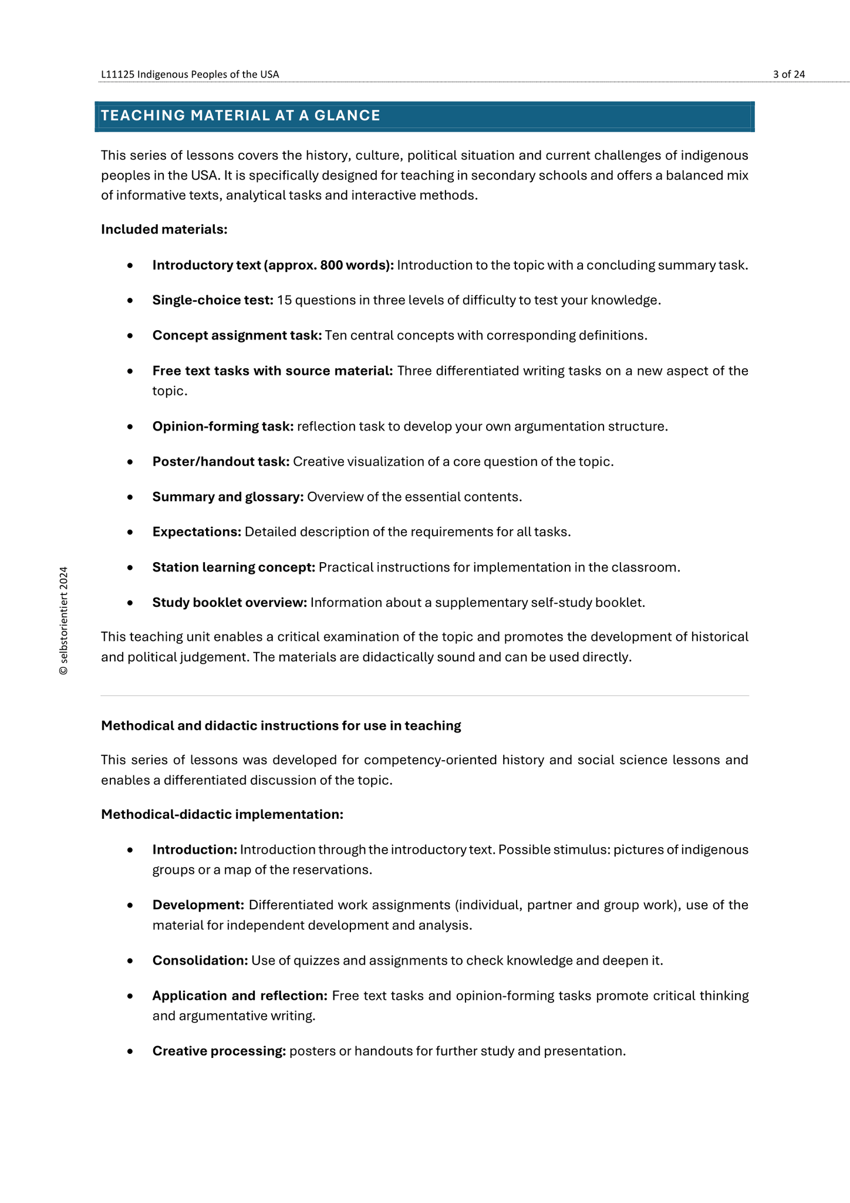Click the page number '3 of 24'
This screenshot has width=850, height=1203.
coord(788,74)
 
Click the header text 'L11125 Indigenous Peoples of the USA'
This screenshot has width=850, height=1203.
coord(190,74)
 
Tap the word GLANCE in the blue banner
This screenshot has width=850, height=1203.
coord(348,116)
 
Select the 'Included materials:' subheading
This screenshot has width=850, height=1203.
coord(164,229)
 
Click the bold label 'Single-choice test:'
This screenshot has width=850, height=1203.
coord(212,300)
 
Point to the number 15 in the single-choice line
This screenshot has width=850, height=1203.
coord(284,300)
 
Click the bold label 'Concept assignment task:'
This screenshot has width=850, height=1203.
coord(237,335)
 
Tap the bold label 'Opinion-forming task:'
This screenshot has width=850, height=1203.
coord(222,426)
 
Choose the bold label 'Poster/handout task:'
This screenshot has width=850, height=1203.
coord(221,462)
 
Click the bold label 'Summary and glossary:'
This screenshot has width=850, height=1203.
coord(228,497)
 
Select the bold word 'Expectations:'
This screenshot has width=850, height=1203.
coord(197,532)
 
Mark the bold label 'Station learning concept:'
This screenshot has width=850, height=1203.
coord(234,567)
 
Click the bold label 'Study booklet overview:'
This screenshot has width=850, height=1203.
coord(230,603)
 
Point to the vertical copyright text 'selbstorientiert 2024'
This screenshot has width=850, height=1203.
coord(63,621)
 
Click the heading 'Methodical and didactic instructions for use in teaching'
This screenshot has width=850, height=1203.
coord(281,726)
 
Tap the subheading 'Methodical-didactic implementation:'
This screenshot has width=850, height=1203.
coord(222,814)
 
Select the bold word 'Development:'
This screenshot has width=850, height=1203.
coord(198,905)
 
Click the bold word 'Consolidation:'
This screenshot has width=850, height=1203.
coord(200,961)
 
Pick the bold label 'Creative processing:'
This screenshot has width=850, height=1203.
coord(219,1051)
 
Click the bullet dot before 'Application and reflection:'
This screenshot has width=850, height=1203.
coord(130,997)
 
